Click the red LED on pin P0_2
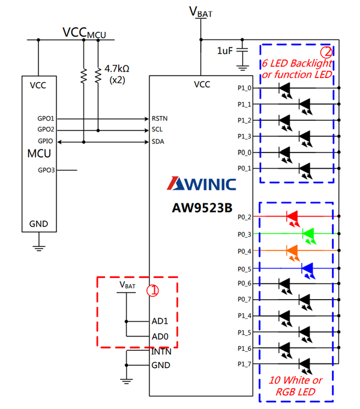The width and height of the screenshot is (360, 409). (292, 216)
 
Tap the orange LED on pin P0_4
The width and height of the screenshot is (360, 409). (292, 250)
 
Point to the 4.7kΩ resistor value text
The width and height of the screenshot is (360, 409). (117, 69)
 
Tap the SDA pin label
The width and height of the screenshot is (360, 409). (158, 142)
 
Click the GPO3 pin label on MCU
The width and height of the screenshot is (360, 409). (46, 170)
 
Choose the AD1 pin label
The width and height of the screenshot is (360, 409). (160, 321)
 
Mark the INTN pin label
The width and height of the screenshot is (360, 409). (161, 352)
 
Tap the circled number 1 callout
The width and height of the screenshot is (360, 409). (153, 290)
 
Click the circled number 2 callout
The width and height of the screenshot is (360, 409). (326, 52)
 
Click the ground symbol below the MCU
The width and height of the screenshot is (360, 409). (39, 246)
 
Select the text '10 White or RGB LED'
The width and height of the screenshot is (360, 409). (296, 386)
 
